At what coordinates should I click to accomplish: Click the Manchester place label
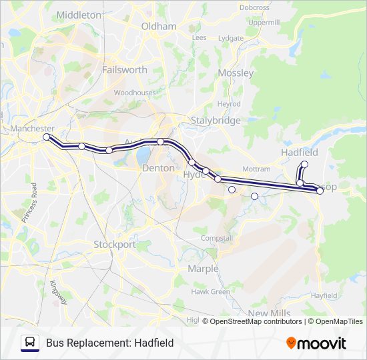click(32, 128)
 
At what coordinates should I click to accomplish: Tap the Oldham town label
click(159, 27)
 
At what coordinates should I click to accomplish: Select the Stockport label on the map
click(114, 244)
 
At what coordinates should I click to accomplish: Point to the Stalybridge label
click(215, 121)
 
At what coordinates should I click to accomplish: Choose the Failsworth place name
click(124, 69)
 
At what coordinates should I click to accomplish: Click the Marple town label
click(203, 269)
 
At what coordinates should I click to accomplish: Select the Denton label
click(158, 169)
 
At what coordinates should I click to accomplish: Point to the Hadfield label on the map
click(299, 152)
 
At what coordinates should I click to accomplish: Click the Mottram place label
click(257, 169)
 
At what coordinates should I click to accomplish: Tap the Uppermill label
click(264, 22)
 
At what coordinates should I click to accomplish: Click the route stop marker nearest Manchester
click(47, 137)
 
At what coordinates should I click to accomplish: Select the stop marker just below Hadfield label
click(305, 164)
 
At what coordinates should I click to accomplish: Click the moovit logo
click(316, 343)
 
